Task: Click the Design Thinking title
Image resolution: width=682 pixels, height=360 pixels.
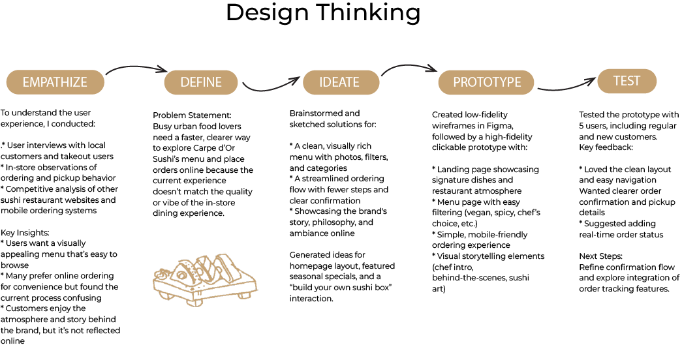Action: tap(323, 12)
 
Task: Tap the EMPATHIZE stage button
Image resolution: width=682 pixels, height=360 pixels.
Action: tap(55, 82)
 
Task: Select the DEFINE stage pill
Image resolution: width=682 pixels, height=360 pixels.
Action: tap(201, 82)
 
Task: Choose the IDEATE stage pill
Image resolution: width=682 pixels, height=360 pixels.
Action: tap(341, 82)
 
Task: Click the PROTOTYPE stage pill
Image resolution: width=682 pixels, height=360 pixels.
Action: tap(486, 82)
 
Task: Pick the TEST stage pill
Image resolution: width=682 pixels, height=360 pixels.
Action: tap(627, 81)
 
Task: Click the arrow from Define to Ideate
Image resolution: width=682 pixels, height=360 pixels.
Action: tap(271, 87)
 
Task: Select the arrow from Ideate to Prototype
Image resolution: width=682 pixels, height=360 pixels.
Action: tap(409, 66)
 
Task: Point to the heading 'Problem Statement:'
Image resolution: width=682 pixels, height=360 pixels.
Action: tap(192, 115)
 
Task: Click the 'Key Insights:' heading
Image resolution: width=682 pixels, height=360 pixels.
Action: tap(25, 233)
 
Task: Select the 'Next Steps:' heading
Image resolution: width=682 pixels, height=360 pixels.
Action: tap(600, 256)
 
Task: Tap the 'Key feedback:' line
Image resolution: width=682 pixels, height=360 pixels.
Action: tap(606, 147)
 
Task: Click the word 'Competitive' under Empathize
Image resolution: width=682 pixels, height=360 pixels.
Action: tap(28, 189)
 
